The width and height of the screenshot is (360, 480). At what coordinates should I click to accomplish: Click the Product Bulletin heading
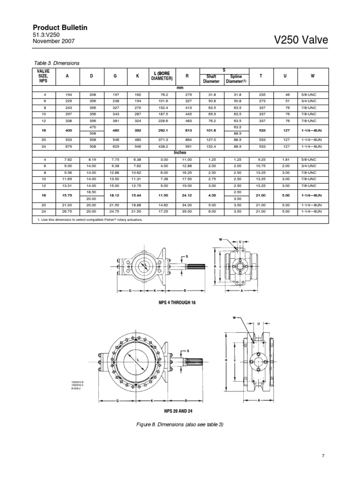[x=60, y=28]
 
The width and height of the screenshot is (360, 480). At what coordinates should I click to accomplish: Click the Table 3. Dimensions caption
[x=57, y=63]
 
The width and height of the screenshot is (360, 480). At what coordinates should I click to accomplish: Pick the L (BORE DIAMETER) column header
[x=161, y=76]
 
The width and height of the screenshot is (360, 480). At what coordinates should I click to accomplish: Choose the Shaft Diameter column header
[x=211, y=79]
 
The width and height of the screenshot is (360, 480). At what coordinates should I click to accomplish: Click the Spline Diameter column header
[x=238, y=79]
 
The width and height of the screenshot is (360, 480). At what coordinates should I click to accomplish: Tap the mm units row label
[x=180, y=88]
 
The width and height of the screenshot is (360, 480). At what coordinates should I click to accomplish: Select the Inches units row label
[x=180, y=152]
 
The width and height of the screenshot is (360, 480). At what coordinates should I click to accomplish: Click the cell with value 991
[x=187, y=146]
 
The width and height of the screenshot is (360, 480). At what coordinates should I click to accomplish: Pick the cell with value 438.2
[x=161, y=146]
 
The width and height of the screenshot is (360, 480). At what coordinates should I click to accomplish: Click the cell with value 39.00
[x=187, y=211]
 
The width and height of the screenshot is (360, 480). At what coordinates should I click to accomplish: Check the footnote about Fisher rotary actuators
[x=88, y=219]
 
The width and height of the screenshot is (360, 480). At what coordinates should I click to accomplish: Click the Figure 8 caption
[x=180, y=424]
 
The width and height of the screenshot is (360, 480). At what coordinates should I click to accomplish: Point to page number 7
[x=323, y=455]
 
